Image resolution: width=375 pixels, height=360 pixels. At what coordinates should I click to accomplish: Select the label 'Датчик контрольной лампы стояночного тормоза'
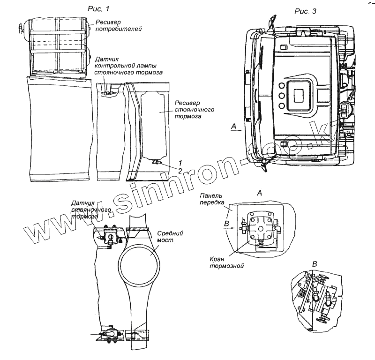pos(128,67)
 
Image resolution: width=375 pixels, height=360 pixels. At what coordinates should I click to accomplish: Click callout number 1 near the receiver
pos(174,162)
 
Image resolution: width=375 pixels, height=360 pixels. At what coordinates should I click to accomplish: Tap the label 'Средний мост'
pos(169,236)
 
